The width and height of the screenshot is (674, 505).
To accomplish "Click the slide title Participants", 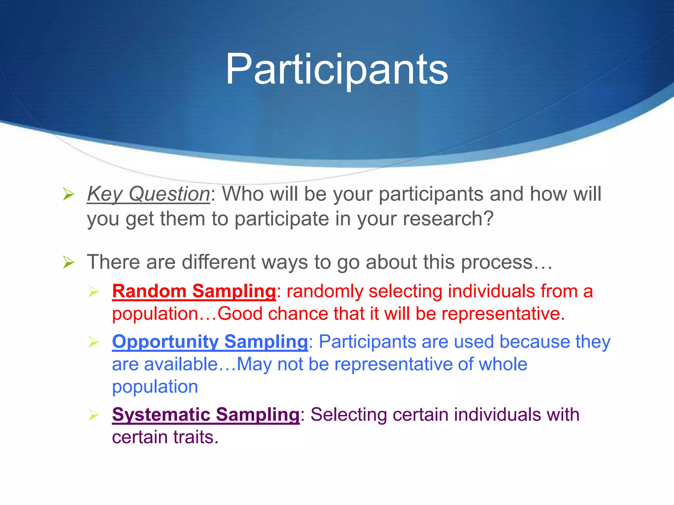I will (336, 70).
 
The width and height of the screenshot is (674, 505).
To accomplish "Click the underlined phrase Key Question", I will (148, 194).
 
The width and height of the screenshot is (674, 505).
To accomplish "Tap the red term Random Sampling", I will (194, 291).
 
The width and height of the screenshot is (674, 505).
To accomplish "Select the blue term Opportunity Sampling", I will (210, 342).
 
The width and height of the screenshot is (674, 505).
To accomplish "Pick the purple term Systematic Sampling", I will (206, 415).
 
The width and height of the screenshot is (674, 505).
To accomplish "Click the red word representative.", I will (503, 314).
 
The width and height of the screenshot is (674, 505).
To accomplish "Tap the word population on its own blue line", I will (155, 387).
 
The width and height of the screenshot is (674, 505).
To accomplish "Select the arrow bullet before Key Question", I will (68, 194).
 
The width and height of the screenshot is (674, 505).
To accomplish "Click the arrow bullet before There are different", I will (68, 263).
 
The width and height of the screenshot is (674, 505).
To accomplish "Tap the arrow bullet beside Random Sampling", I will (94, 292).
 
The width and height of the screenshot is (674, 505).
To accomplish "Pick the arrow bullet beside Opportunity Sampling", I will (94, 342).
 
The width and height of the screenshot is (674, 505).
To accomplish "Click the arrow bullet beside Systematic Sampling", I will (94, 415).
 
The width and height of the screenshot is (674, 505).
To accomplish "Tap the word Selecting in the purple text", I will (349, 415).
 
